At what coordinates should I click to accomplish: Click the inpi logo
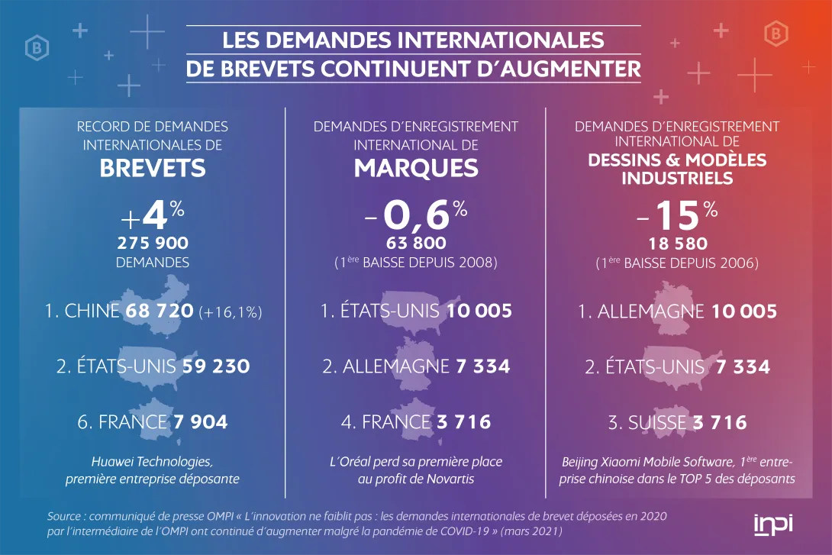tap(772, 524)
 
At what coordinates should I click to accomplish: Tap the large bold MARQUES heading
tap(416, 168)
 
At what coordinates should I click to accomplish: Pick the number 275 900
tap(153, 244)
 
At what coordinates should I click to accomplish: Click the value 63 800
tap(416, 244)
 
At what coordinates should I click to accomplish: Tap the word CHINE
tap(92, 311)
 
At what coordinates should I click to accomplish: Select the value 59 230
tap(216, 366)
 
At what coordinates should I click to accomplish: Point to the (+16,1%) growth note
tap(230, 312)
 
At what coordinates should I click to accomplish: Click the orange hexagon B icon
tap(776, 34)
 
